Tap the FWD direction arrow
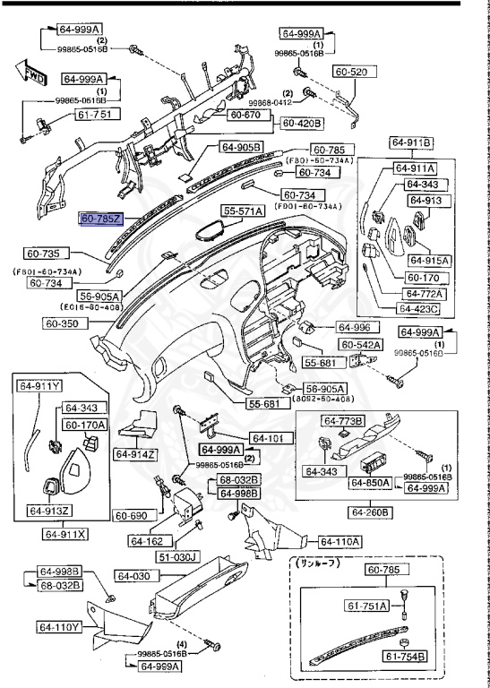click(32, 70)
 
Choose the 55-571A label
click(244, 211)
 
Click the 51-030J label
click(201, 556)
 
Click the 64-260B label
click(369, 512)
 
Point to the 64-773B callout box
click(345, 420)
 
